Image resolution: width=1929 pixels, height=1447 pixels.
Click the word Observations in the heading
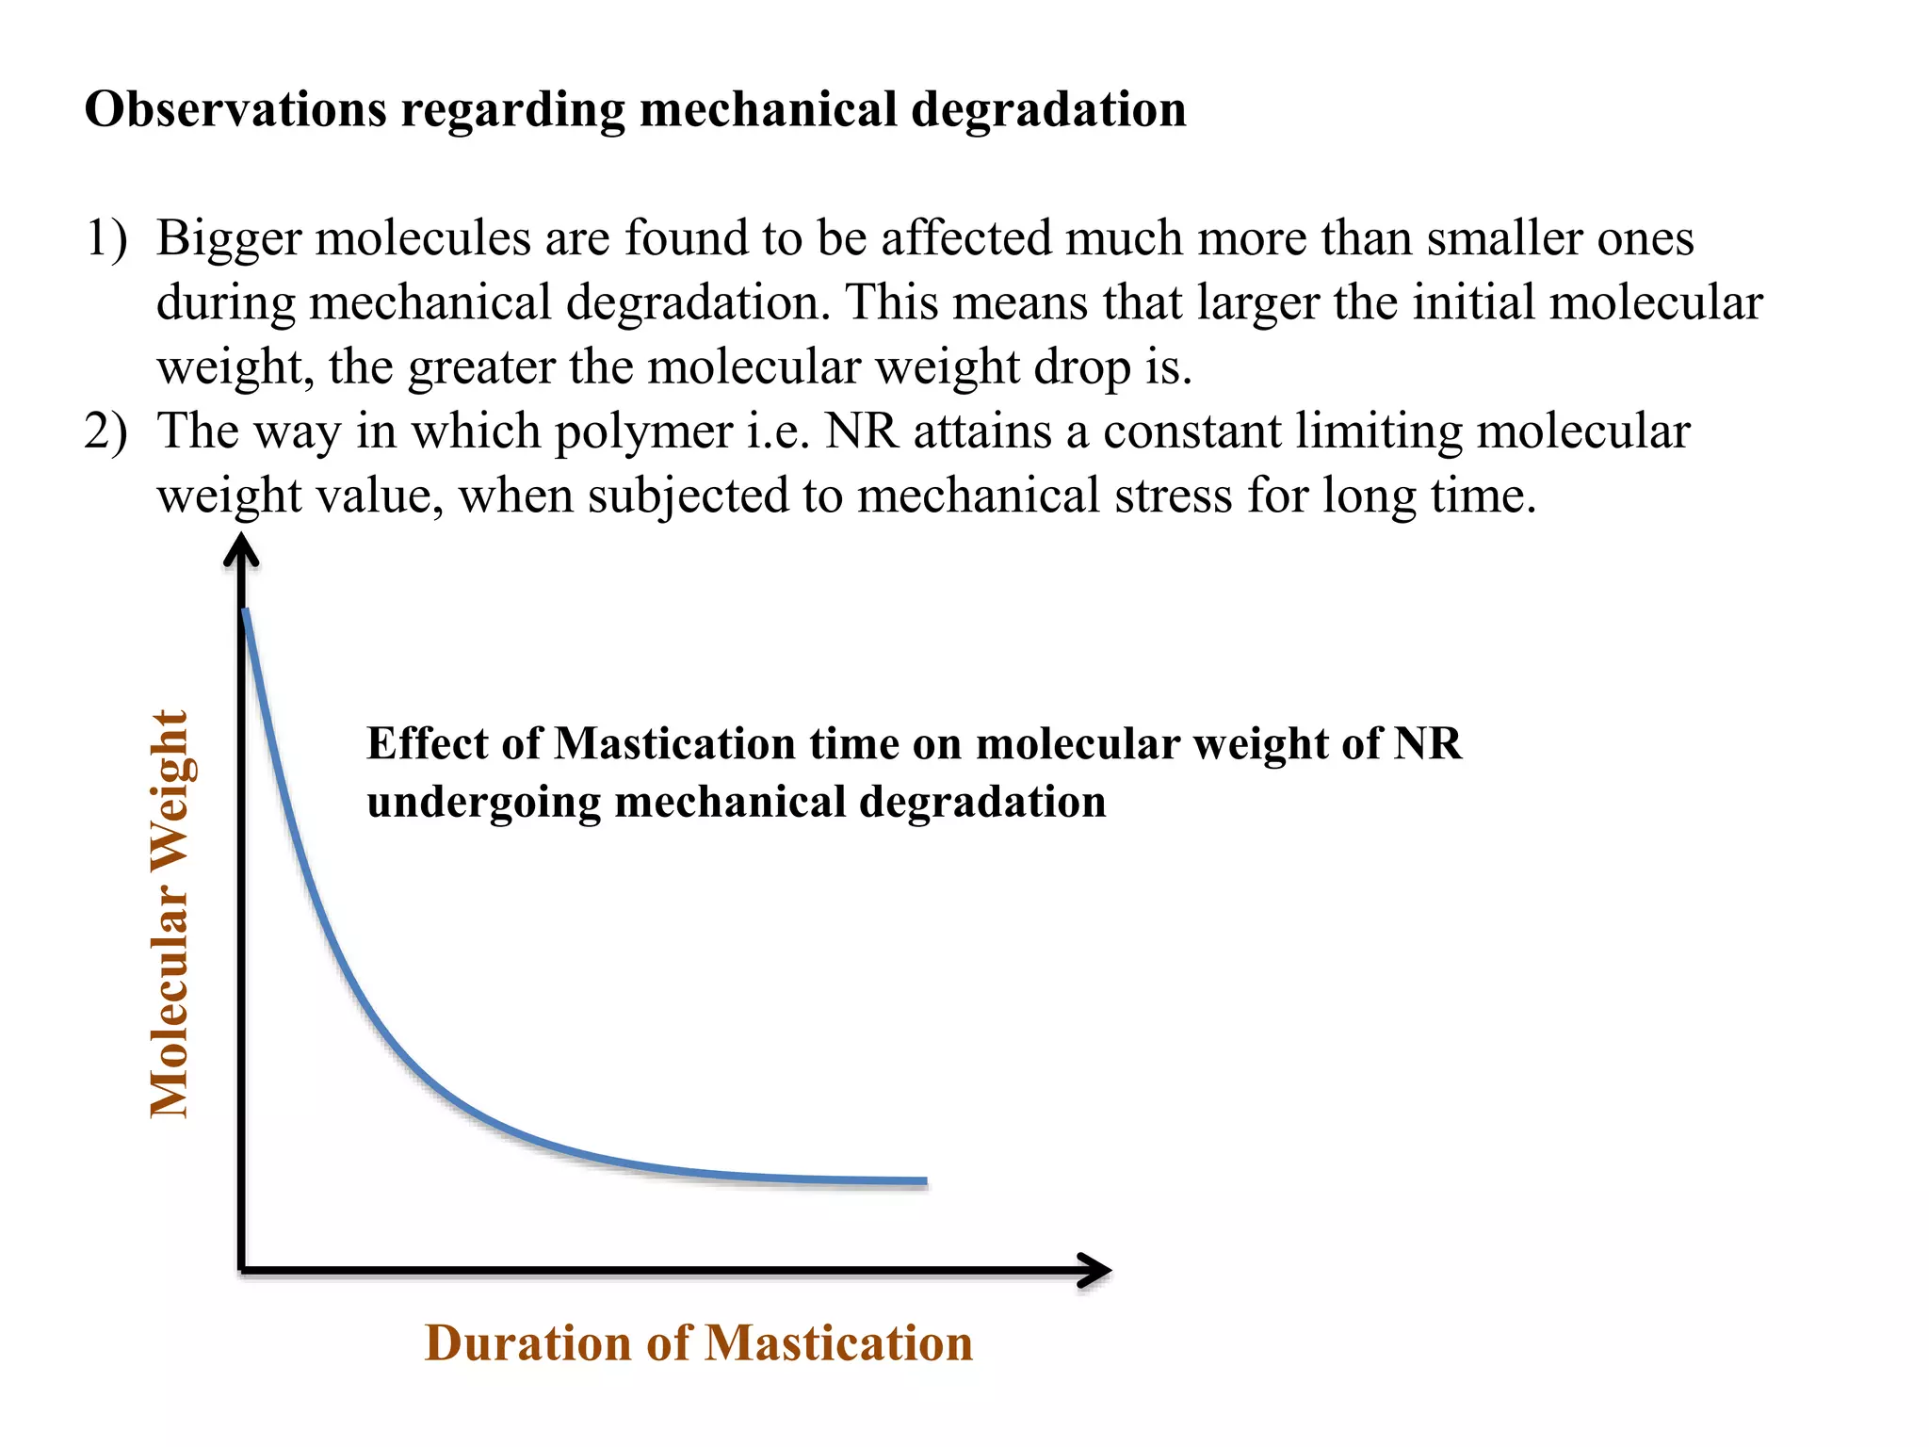(235, 109)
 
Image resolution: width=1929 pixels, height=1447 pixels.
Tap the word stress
(1173, 496)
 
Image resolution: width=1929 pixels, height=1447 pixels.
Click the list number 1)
(105, 237)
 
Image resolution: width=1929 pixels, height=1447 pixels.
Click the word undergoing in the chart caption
(483, 803)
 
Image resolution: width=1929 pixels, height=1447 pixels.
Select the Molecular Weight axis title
(170, 914)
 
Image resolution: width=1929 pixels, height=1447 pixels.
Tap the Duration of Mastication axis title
(698, 1342)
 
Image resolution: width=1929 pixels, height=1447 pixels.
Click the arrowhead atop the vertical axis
(241, 548)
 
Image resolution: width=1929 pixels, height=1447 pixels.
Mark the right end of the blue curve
(926, 1180)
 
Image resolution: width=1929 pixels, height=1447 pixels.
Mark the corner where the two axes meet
(243, 1270)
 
